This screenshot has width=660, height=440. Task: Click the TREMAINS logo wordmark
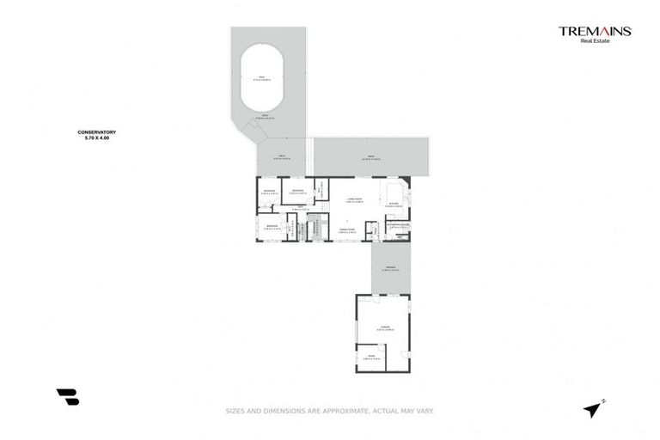coord(595,31)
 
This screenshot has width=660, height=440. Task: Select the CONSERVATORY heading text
coord(96,131)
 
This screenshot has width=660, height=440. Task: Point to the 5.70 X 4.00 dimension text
coord(96,137)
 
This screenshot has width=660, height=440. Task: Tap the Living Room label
coord(353,199)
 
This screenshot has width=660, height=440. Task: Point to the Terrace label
coord(389,267)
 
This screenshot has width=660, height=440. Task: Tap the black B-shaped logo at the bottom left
coord(68,396)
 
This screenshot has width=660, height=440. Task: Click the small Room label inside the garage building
coord(371,356)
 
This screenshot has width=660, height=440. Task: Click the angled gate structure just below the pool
coord(254,131)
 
